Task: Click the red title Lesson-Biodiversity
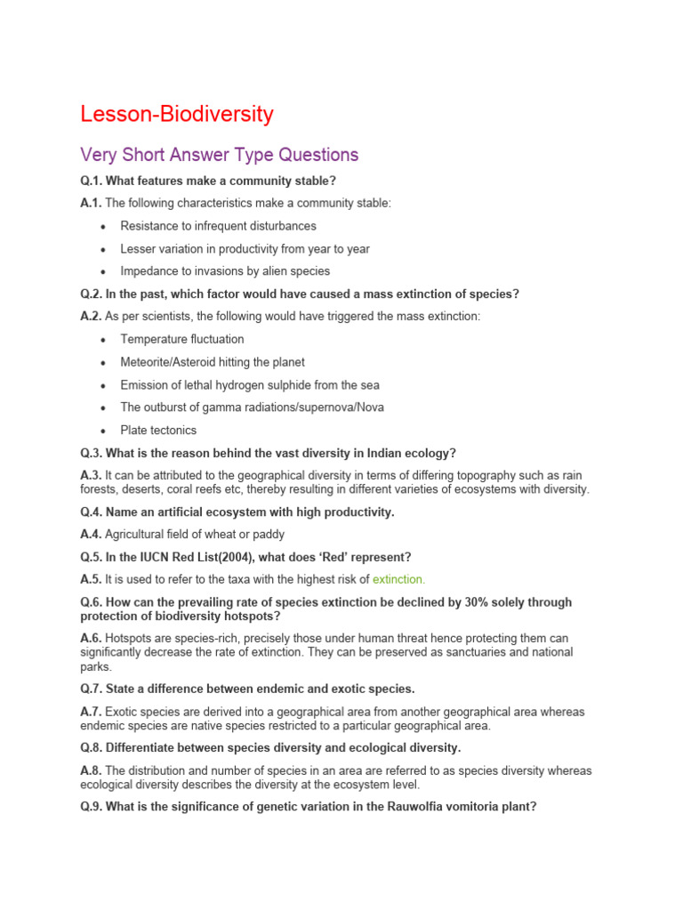click(x=176, y=115)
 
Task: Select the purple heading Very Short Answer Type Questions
click(x=219, y=155)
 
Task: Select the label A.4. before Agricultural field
click(x=91, y=534)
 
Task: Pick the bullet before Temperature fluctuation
click(x=104, y=340)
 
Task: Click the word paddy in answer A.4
click(x=268, y=534)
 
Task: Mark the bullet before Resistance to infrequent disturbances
click(x=104, y=227)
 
